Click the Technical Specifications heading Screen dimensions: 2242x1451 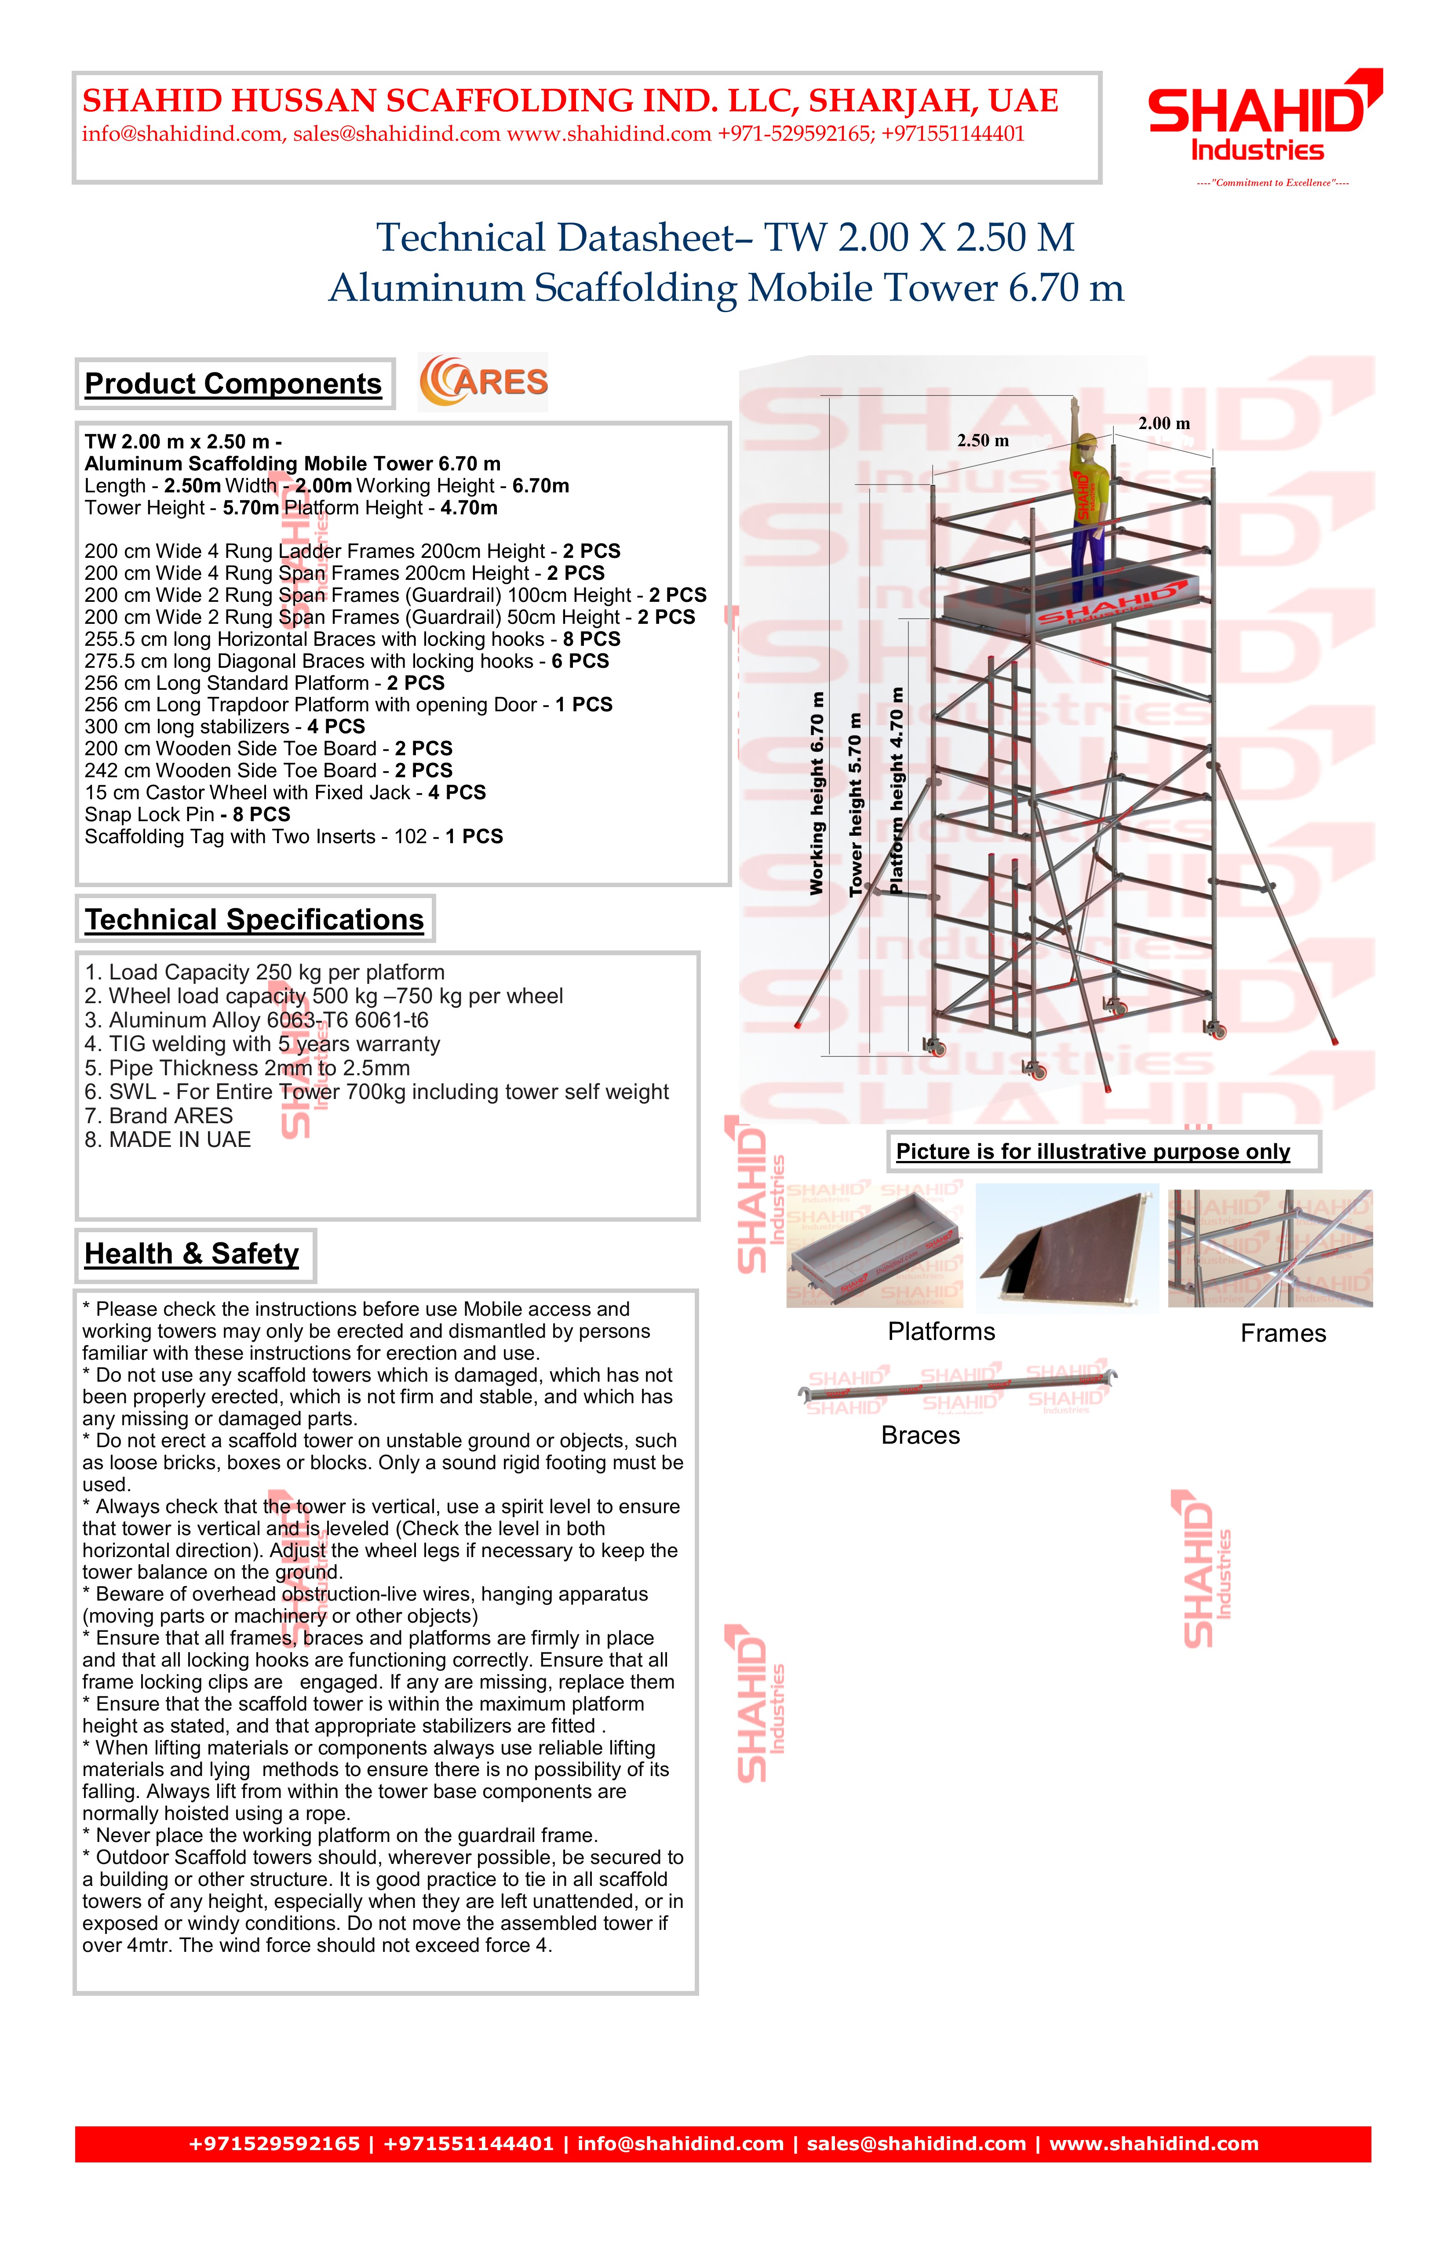(255, 919)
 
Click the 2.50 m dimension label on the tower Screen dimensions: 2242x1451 (983, 441)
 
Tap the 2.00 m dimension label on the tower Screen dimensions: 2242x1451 (1163, 424)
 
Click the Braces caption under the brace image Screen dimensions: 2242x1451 (921, 1436)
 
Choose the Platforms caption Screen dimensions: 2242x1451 (941, 1332)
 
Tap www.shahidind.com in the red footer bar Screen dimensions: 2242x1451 (1153, 2144)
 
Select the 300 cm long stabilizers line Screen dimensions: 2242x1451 (224, 727)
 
